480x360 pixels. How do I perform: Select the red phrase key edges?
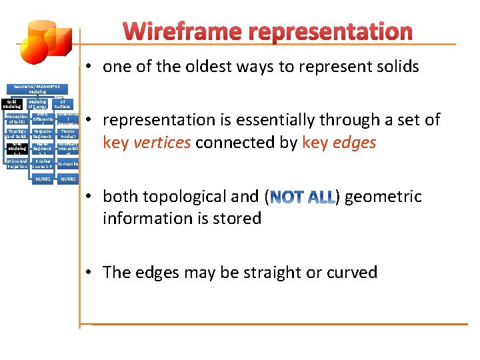pos(339,143)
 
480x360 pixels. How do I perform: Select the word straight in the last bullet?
pos(261,272)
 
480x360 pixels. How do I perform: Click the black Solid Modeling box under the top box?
pos(12,103)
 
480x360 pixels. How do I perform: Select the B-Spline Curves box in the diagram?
pos(42,163)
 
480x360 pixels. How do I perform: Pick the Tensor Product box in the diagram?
pos(67,134)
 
